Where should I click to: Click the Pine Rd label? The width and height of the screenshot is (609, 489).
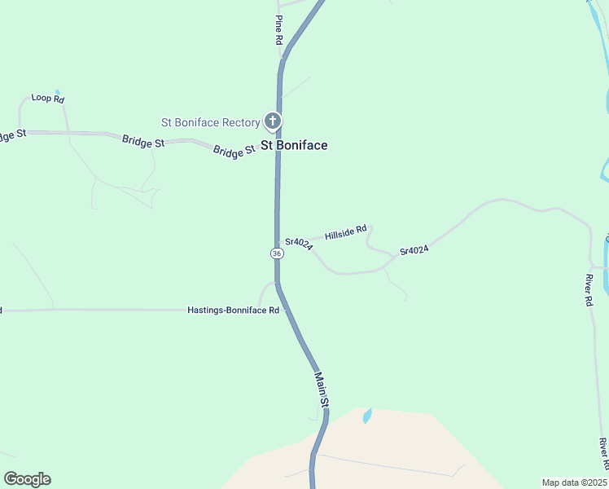[278, 29]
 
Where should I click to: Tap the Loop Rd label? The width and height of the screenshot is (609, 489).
[47, 99]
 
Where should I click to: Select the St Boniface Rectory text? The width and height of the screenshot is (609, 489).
[210, 123]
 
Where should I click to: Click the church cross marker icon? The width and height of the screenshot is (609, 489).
[273, 122]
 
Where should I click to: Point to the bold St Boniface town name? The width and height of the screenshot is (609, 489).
[294, 146]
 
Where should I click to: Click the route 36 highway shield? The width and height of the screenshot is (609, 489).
[277, 253]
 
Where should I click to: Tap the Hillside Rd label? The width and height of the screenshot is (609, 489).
[346, 233]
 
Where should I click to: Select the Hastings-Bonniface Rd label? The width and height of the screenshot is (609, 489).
[233, 311]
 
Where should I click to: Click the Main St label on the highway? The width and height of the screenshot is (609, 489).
[322, 390]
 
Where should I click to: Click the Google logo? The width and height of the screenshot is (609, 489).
[27, 479]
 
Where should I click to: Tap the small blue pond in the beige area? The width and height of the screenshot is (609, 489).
[367, 416]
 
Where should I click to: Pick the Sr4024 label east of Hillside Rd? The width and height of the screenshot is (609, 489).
[414, 250]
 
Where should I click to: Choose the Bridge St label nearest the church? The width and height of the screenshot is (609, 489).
[234, 152]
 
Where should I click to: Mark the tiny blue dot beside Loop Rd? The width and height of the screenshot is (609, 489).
[56, 92]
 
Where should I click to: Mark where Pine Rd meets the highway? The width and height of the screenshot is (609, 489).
[282, 59]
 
